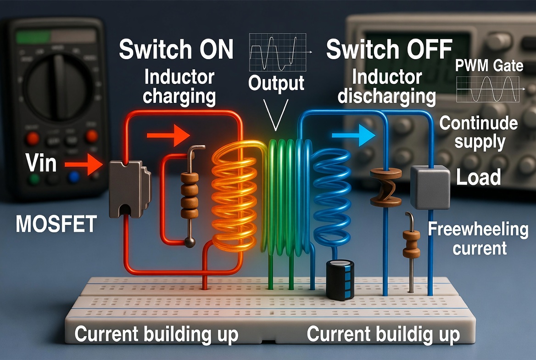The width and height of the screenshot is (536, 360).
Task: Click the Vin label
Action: tap(41, 164)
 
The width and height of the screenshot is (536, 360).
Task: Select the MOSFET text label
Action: tap(56, 225)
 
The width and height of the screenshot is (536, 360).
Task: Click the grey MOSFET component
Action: tap(128, 189)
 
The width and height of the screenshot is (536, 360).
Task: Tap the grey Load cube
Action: tap(429, 187)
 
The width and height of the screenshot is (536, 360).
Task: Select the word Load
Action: tap(478, 177)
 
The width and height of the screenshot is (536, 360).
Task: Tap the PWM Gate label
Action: tap(489, 66)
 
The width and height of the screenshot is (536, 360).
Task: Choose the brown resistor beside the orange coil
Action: tap(189, 195)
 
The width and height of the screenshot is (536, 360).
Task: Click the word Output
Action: tap(276, 84)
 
